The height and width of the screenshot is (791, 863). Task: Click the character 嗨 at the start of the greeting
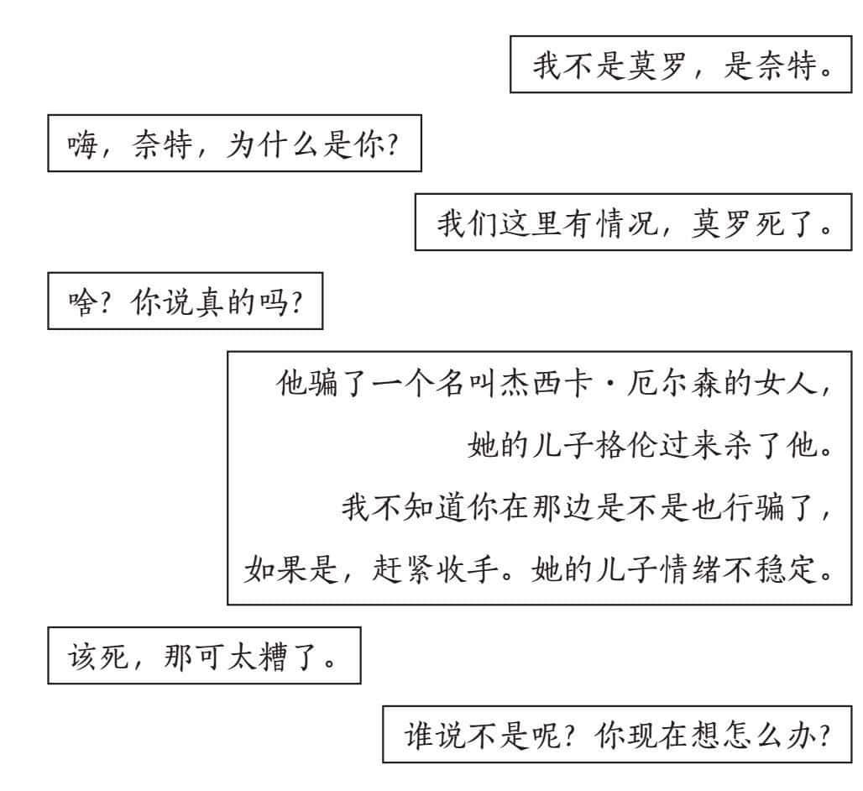[82, 144]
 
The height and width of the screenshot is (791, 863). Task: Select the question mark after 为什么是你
[392, 144]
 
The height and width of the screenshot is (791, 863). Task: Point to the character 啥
[82, 301]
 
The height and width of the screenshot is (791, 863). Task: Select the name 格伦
[625, 445]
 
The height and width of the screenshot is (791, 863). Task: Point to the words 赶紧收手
[435, 568]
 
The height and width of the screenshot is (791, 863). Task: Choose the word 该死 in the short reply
[98, 656]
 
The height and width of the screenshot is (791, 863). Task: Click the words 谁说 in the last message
[435, 735]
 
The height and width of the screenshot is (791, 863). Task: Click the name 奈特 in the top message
[785, 65]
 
